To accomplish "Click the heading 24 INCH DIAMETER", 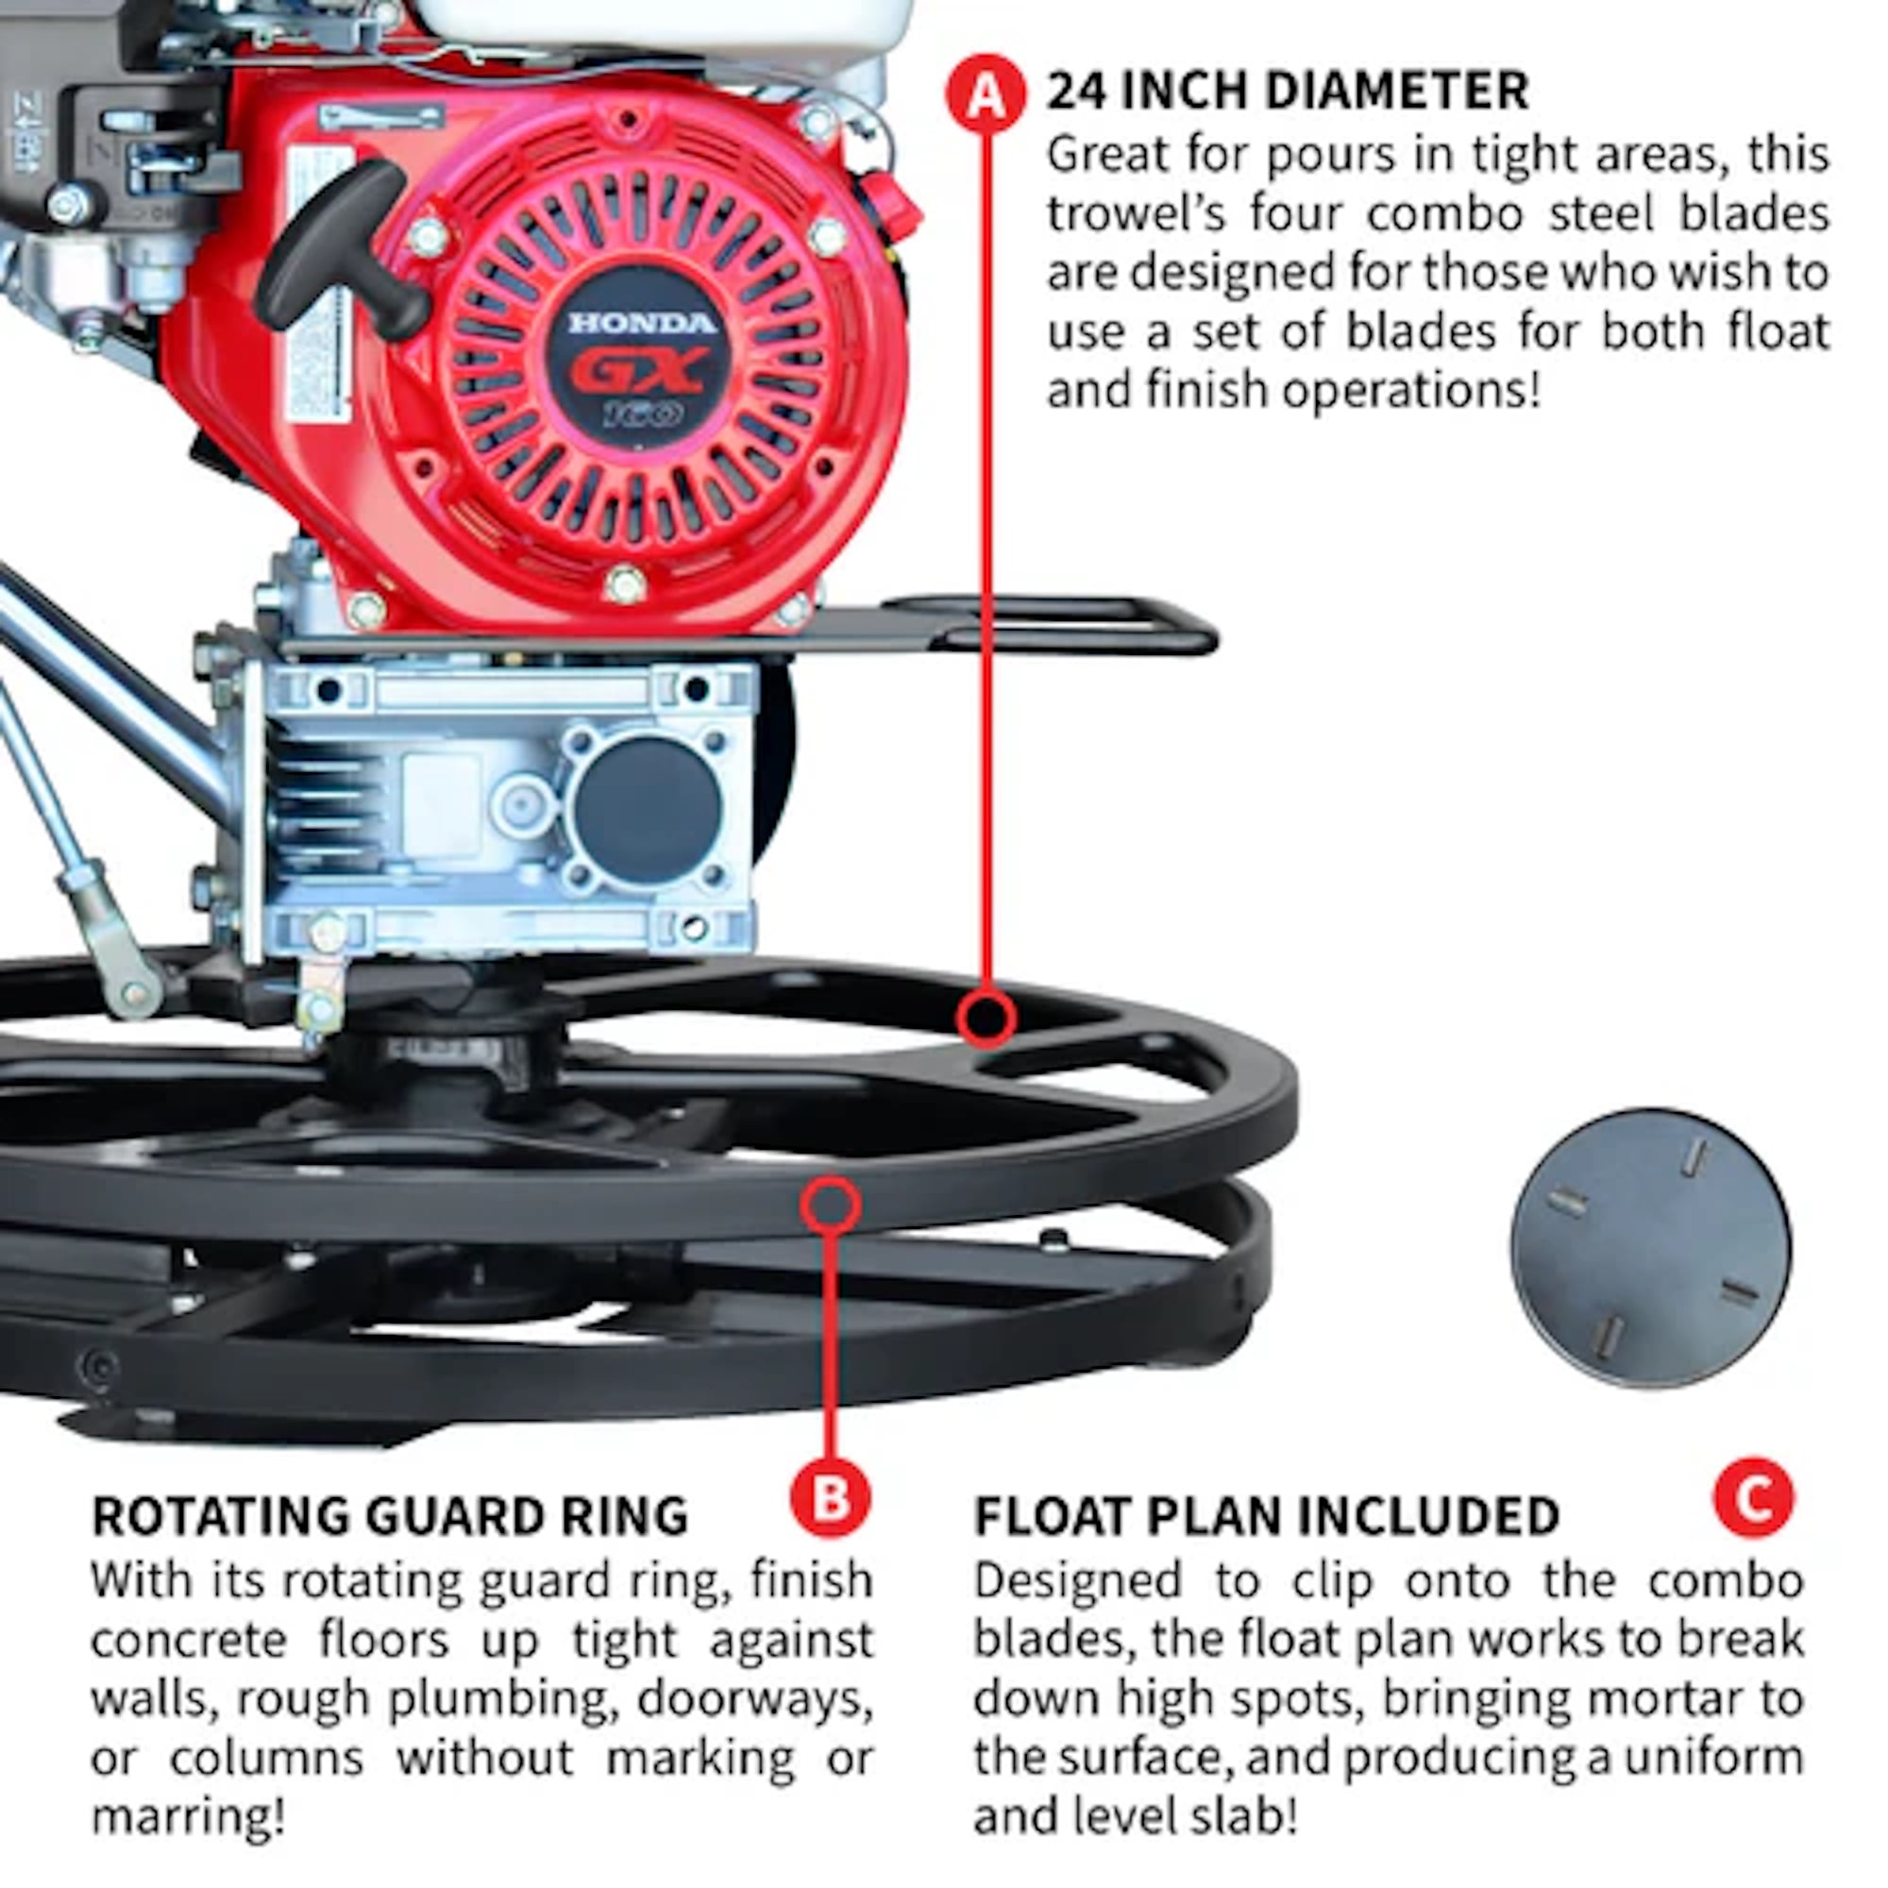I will tap(1287, 92).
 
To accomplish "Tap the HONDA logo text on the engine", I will tap(642, 324).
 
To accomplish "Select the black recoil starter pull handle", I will tap(342, 244).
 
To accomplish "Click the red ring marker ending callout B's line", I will tap(830, 1205).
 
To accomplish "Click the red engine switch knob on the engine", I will tap(895, 205).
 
